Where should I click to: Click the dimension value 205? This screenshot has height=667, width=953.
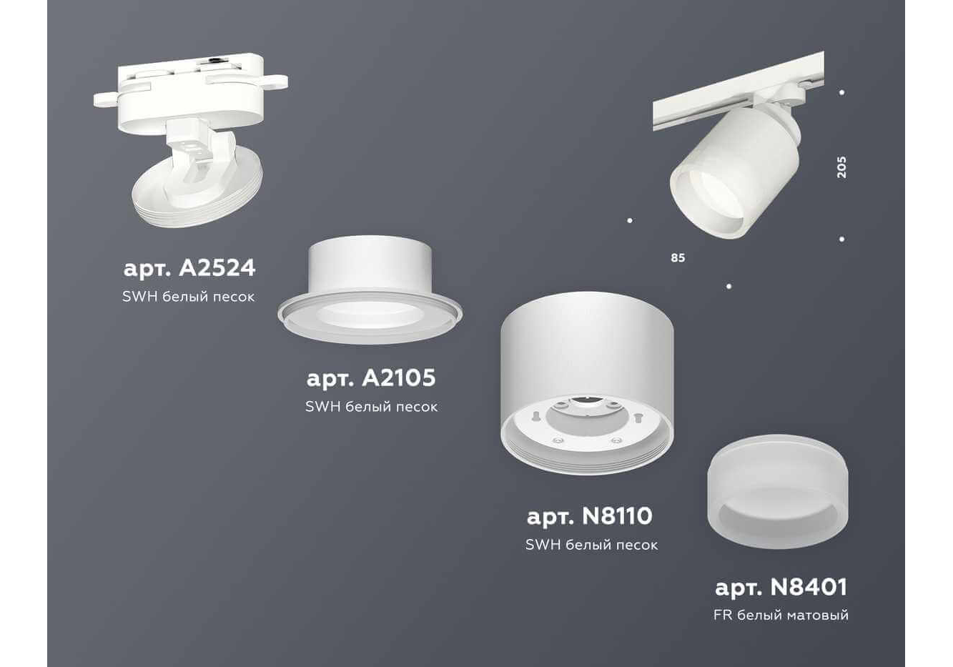click(841, 167)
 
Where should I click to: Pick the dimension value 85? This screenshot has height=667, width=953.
click(678, 258)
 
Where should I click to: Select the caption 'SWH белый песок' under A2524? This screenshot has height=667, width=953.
click(189, 297)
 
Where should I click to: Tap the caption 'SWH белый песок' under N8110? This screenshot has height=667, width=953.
click(592, 545)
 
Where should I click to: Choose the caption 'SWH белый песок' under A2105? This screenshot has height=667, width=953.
click(372, 407)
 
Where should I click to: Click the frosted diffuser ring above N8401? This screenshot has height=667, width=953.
click(778, 491)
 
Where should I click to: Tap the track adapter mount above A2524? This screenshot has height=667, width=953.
click(191, 92)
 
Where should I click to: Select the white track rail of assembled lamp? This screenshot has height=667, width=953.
click(739, 91)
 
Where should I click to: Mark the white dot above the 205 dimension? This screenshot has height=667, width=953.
click(842, 92)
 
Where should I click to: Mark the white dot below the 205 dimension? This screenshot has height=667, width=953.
click(842, 239)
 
